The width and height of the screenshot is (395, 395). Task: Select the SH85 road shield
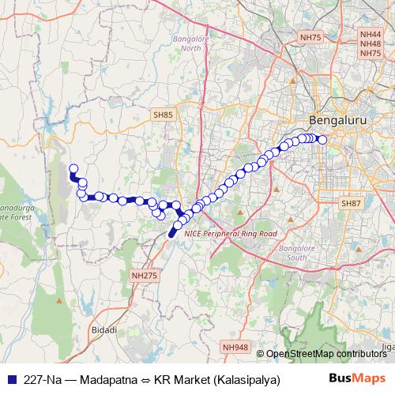[x=164, y=115]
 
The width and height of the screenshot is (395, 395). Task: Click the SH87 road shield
[x=351, y=204]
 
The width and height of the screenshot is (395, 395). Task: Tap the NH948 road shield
[x=235, y=347]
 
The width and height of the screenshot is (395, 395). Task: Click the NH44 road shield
[x=370, y=35]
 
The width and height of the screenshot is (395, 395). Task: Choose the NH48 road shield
[x=370, y=44]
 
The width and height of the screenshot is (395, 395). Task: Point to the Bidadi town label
[x=104, y=329]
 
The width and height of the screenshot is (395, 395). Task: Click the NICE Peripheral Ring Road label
[x=230, y=234]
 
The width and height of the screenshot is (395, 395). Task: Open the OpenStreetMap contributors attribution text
[x=325, y=354]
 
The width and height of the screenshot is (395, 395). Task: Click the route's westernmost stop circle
[x=73, y=168]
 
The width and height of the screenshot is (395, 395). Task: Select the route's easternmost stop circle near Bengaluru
[x=322, y=140]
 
